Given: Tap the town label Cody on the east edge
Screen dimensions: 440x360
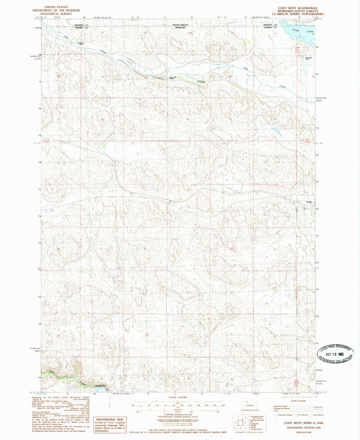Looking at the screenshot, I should (309, 201).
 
